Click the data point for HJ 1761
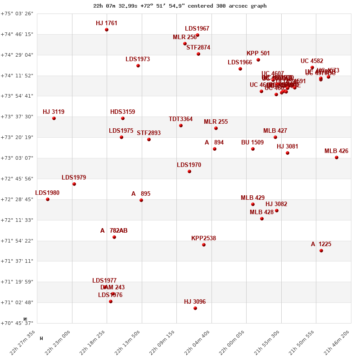point(107,30)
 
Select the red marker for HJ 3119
point(54,118)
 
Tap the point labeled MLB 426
point(337,157)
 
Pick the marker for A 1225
point(321,251)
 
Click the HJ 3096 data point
point(195,308)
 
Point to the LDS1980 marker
point(48,199)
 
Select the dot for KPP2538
point(204,245)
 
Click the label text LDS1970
point(189,165)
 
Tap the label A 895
point(141,194)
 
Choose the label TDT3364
point(180,119)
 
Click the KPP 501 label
point(258,54)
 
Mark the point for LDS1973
point(138,66)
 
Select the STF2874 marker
point(198,54)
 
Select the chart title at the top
point(180,6)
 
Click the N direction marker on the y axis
point(25,319)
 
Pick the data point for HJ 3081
point(288,153)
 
